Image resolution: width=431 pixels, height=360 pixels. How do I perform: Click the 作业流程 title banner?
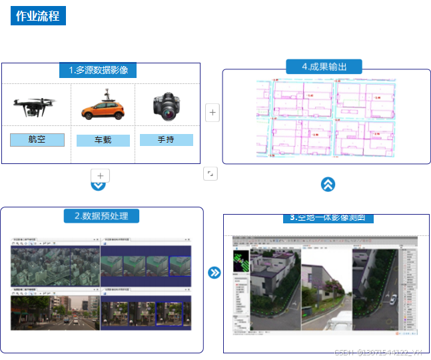coord(38,15)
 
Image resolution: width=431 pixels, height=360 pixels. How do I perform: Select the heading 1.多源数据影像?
coord(103,70)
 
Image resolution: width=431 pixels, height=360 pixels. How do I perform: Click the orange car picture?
coord(102,105)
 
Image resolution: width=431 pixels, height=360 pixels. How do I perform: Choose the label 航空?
coord(37,140)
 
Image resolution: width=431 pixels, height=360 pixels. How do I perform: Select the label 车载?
coord(103,141)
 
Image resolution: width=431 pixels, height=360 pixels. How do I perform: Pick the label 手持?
coord(166,140)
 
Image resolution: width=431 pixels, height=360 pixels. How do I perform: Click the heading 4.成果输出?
coord(324,67)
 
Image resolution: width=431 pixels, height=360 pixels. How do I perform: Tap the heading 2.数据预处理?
coord(101,216)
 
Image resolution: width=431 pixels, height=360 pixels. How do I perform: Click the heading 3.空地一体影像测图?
coord(328,218)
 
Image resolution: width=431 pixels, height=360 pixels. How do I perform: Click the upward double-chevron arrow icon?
coord(328,185)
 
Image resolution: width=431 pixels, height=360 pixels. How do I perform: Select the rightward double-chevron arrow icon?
coord(214,273)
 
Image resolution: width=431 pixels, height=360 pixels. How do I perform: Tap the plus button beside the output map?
coord(212,113)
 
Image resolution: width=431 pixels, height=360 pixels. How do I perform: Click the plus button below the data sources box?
coord(100,176)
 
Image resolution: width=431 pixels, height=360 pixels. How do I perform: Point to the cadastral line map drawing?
coord(325,118)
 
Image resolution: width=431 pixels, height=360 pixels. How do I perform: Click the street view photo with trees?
coord(55,313)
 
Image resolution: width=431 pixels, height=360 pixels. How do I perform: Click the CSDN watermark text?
coord(378,353)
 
